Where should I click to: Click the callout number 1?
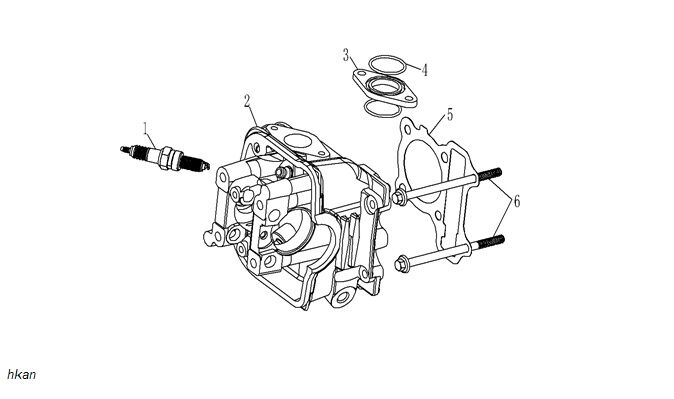(146, 128)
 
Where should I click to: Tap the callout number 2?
(247, 101)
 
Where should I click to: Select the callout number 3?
(346, 55)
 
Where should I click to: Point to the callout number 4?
(424, 70)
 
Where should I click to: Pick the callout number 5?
(450, 115)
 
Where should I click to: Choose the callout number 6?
(516, 201)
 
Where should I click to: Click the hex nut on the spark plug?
(168, 159)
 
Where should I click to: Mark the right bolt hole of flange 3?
(409, 99)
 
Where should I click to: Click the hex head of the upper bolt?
(398, 197)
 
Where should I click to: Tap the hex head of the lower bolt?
(400, 263)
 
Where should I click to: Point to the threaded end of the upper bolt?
(490, 174)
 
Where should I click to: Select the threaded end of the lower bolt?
(491, 242)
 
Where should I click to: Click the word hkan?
(21, 374)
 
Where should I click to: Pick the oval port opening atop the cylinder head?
(297, 141)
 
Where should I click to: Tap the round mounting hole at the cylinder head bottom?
(343, 297)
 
